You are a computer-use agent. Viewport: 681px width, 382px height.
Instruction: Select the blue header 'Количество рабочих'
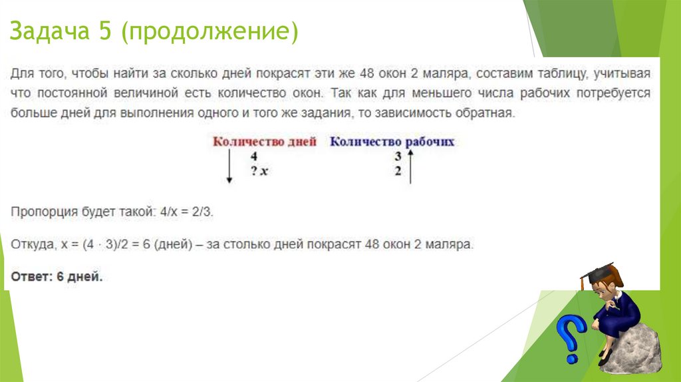(392, 142)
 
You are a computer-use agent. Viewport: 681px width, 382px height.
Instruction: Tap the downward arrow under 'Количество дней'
(229, 166)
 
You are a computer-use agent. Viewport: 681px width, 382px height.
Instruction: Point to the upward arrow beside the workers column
(410, 166)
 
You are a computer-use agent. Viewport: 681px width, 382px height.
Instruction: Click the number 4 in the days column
(253, 156)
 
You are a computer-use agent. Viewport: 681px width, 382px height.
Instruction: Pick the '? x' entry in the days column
(259, 171)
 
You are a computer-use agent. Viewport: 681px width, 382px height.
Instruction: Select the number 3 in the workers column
(398, 156)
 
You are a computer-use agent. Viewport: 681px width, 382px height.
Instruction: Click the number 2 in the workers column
(398, 171)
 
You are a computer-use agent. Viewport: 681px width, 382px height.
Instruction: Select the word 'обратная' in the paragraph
(488, 113)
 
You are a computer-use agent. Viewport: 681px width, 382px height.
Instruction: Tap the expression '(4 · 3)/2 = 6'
(121, 244)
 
